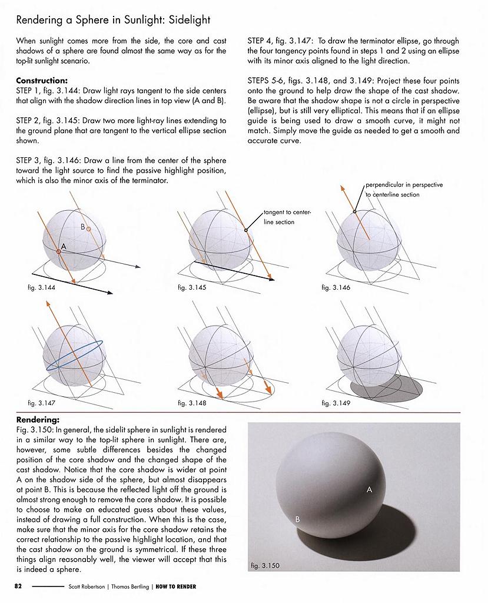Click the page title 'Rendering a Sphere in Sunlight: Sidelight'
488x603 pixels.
pos(113,20)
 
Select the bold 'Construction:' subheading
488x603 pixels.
pos(42,81)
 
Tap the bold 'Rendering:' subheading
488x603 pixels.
pos(38,420)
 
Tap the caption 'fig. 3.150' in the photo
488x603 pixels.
pos(265,566)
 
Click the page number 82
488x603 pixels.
pos(18,587)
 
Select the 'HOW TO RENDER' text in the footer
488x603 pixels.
pos(176,587)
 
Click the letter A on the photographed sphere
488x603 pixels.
pos(370,489)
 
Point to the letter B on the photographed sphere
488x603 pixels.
pos(298,519)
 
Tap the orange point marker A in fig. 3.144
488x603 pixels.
pos(59,251)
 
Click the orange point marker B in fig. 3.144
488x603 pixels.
pos(88,228)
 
